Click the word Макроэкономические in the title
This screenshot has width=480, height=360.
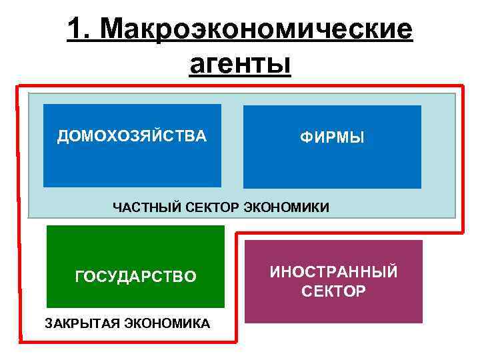[x=259, y=29]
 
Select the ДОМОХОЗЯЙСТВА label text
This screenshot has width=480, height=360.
[x=132, y=137]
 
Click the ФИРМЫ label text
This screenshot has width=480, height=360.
[x=332, y=138]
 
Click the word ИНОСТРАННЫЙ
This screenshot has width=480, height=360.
[x=333, y=272]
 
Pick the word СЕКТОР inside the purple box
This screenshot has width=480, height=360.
[x=333, y=291]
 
